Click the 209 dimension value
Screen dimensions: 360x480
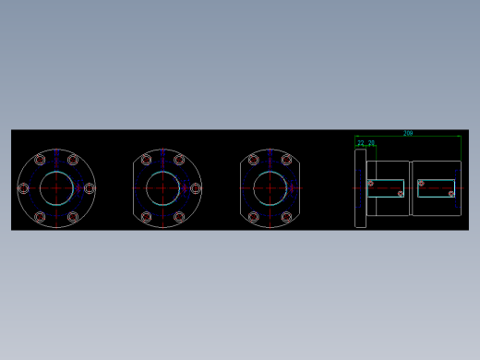coord(408,133)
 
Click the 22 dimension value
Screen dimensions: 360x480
coord(361,143)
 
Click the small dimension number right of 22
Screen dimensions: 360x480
coord(371,143)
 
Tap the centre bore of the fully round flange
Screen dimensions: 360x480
coord(56,188)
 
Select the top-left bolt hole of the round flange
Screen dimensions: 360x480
coord(40,160)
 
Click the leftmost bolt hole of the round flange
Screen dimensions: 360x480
coord(23,188)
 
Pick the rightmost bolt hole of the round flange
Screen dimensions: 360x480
coord(90,188)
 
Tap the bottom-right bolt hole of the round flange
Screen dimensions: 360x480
coord(73,217)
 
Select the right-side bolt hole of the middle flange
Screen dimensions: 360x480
coord(196,188)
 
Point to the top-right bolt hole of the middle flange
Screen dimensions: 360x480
coord(179,160)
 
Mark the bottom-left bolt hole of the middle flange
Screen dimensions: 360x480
coord(146,217)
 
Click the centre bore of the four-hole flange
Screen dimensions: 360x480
coord(270,188)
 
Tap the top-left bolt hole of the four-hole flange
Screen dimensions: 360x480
coord(253,160)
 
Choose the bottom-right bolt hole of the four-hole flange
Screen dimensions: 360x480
coord(286,217)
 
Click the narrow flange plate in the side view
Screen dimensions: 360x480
coord(360,188)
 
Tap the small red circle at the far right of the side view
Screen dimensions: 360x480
coord(451,194)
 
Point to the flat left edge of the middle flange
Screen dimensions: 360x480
coord(134,188)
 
